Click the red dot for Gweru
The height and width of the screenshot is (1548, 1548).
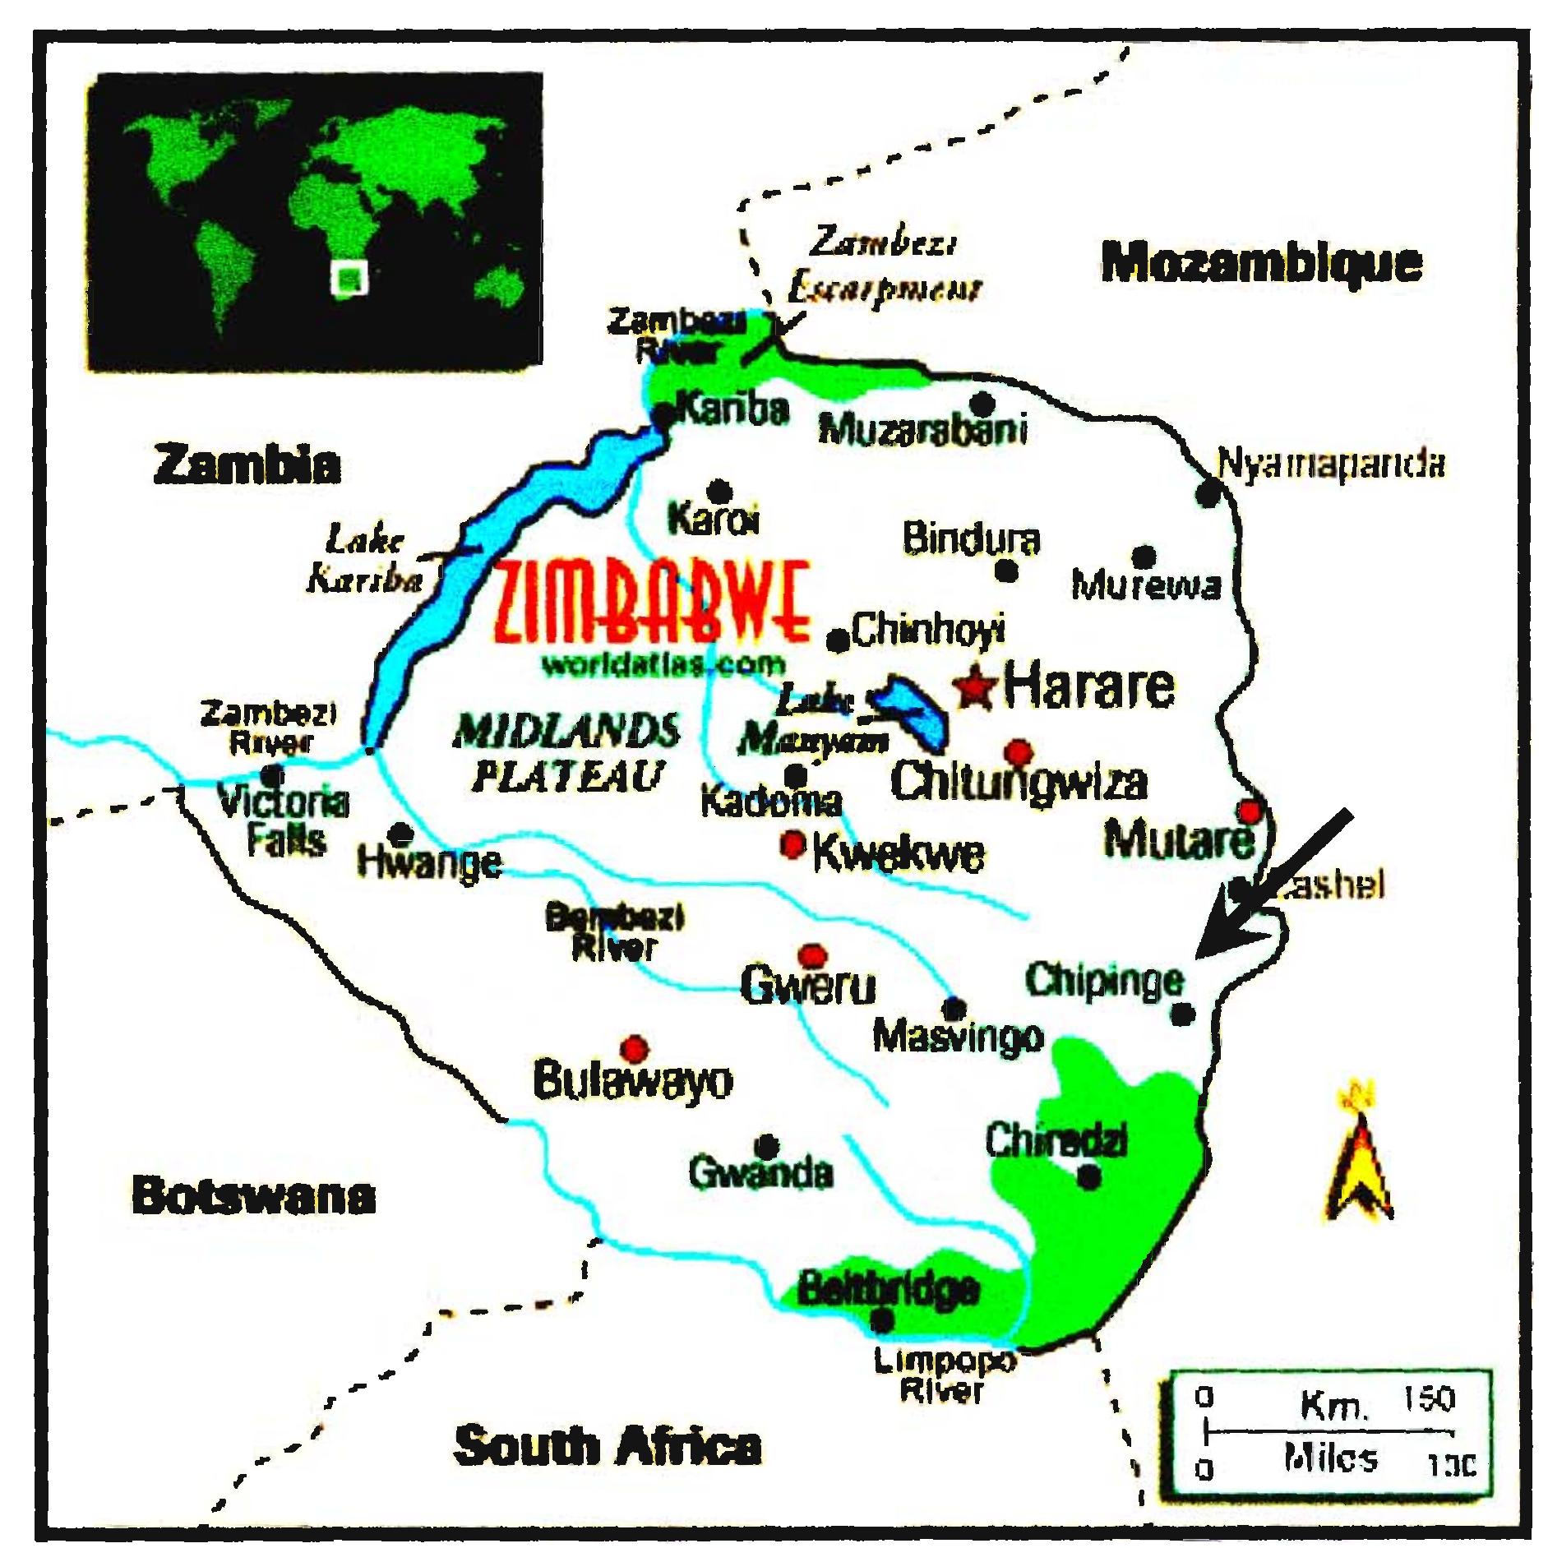(812, 955)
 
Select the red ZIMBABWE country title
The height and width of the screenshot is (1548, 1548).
(654, 604)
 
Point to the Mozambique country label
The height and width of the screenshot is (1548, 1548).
(1261, 263)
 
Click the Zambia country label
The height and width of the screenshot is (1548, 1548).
(247, 464)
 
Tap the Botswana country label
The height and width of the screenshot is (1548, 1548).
(253, 1196)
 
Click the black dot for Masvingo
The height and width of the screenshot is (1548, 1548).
(954, 1008)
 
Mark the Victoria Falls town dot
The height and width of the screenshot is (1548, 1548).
(272, 775)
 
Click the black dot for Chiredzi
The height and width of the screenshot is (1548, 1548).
(1088, 1177)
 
